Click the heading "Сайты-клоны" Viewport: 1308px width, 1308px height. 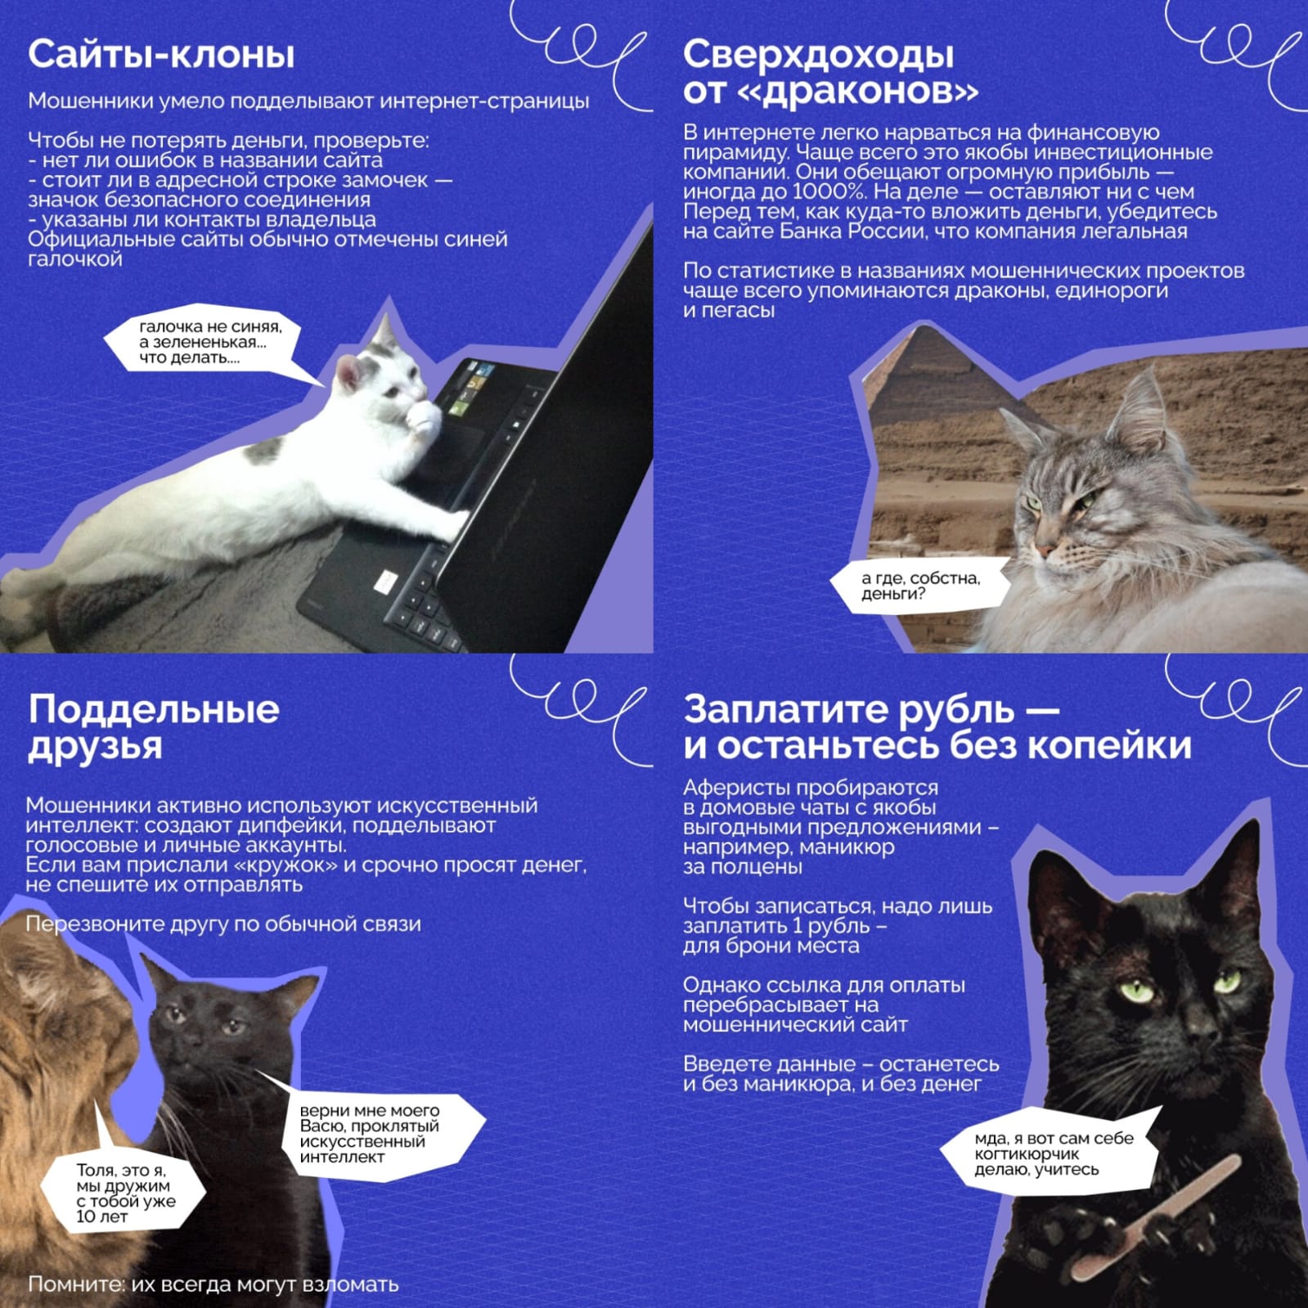(161, 55)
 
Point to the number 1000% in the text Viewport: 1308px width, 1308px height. (826, 192)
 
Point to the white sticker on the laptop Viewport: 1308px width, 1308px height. (384, 580)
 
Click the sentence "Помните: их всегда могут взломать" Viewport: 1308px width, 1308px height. (214, 1284)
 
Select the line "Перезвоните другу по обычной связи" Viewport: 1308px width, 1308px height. (223, 924)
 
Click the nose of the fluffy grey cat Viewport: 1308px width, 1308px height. (1044, 546)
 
